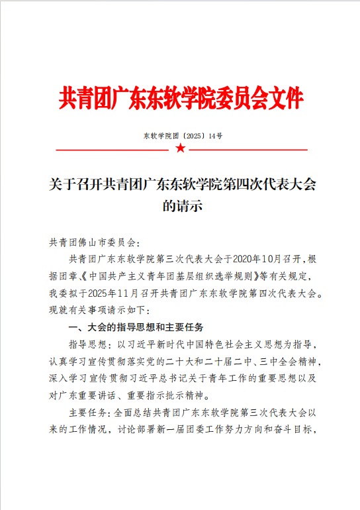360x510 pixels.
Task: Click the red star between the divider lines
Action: tap(181, 148)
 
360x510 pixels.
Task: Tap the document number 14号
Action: tap(215, 135)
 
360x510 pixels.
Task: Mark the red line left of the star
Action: tap(112, 150)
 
